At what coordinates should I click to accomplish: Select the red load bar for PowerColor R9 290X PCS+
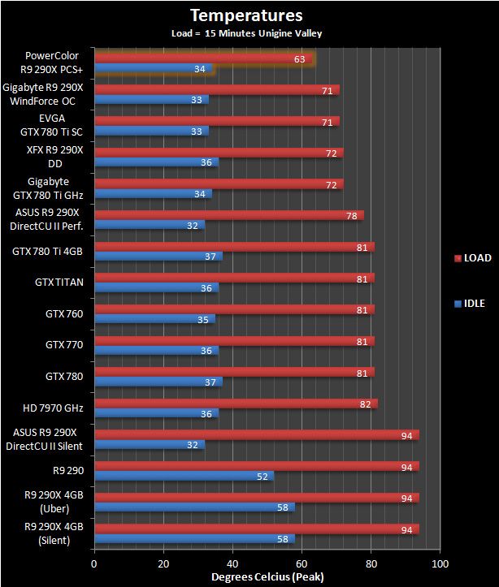coord(203,58)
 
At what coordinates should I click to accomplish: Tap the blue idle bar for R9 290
coord(183,476)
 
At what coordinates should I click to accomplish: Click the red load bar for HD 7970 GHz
coord(236,404)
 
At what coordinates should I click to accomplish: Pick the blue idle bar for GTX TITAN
coord(156,287)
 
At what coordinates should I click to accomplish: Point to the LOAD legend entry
coord(472,258)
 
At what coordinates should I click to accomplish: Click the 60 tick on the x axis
coord(302,564)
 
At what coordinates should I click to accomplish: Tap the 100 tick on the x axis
coord(440,564)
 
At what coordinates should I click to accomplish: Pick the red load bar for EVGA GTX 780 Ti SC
coord(216,121)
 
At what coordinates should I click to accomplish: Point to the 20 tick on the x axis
coord(163,564)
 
